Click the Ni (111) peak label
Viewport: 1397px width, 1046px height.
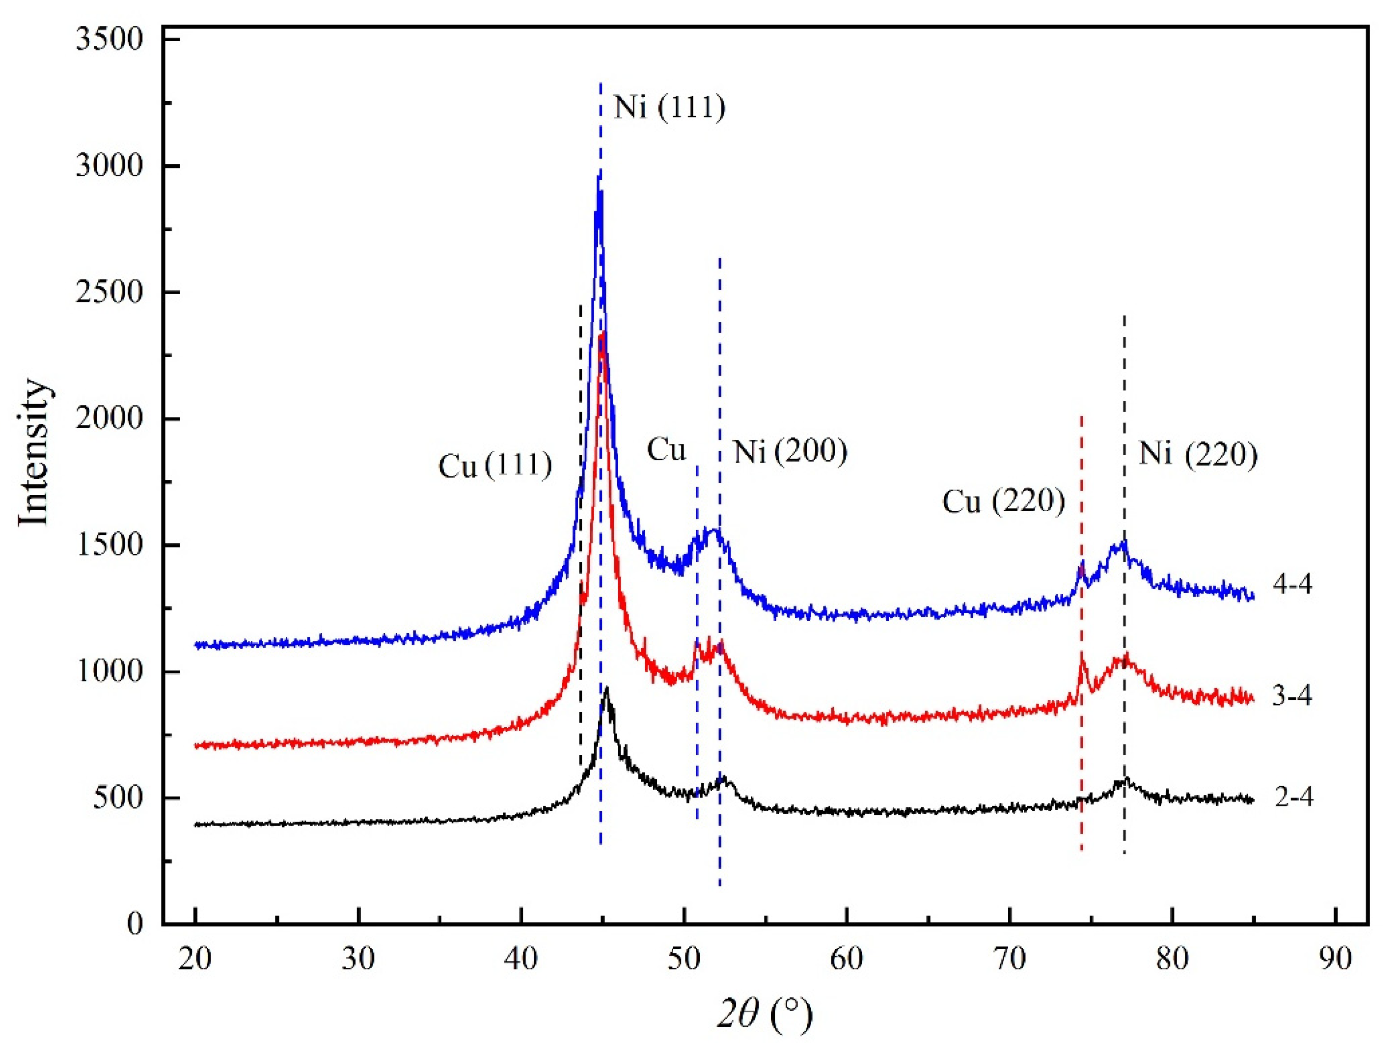(x=669, y=108)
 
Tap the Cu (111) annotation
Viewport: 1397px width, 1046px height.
(x=495, y=466)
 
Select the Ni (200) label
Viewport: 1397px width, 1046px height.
(x=790, y=452)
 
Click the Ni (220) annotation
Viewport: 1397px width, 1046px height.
(x=1198, y=454)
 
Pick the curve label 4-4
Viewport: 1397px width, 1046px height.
(x=1292, y=585)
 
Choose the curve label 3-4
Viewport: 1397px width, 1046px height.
(x=1292, y=695)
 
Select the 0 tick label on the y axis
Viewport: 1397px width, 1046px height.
(x=135, y=924)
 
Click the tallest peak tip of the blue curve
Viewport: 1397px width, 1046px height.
(x=598, y=177)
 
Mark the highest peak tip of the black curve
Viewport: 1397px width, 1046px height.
(x=607, y=687)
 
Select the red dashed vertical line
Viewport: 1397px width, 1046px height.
(x=1081, y=632)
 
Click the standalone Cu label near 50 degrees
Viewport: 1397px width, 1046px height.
(x=666, y=450)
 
